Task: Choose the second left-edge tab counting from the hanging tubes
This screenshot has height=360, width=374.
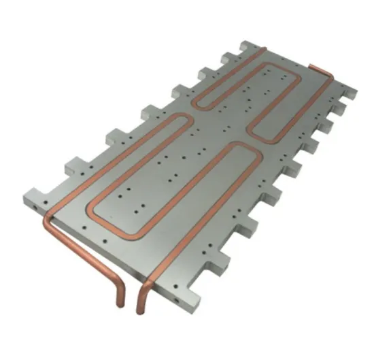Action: coord(115,136)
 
